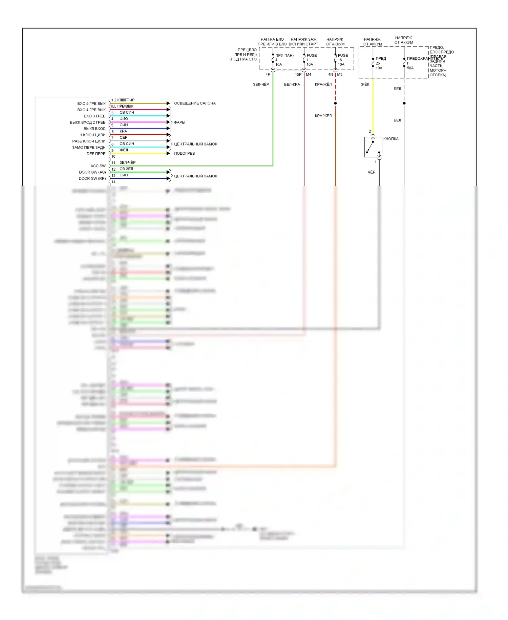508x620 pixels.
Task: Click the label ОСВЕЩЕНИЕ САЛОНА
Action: point(195,103)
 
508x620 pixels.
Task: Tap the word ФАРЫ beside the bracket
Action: point(179,122)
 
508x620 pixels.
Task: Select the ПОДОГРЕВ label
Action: point(184,153)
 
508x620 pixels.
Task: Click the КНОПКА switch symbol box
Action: point(373,147)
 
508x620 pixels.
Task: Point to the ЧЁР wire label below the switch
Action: point(372,172)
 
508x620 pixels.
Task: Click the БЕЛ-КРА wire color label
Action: point(292,84)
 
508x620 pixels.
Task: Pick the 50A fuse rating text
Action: point(410,68)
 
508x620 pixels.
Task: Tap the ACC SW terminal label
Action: point(98,166)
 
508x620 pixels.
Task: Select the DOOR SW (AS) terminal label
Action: point(92,172)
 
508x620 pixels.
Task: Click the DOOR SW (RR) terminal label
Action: point(92,178)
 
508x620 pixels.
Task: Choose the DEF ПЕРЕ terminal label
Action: point(96,154)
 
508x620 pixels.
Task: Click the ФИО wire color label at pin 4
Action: point(124,119)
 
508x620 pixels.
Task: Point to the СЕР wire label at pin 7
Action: point(123,137)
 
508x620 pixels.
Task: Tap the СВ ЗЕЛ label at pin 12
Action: point(126,169)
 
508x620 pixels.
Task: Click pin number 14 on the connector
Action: point(113,182)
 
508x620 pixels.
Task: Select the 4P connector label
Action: point(268,75)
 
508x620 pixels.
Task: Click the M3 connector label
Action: point(340,75)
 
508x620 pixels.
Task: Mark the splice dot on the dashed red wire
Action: point(335,103)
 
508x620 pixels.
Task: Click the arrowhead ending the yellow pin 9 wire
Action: point(168,153)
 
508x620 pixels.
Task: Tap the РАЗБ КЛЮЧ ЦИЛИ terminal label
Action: point(89,141)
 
